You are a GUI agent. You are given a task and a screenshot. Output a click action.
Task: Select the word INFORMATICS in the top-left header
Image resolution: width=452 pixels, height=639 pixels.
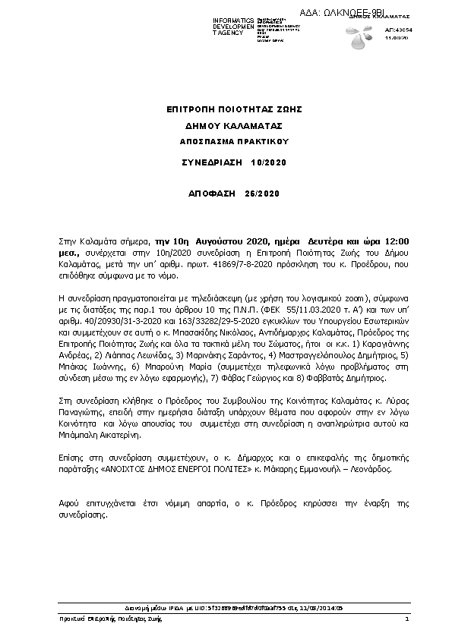pyautogui.click(x=233, y=18)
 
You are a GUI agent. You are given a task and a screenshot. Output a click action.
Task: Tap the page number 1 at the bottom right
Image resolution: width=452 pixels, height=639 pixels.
pyautogui.click(x=407, y=620)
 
